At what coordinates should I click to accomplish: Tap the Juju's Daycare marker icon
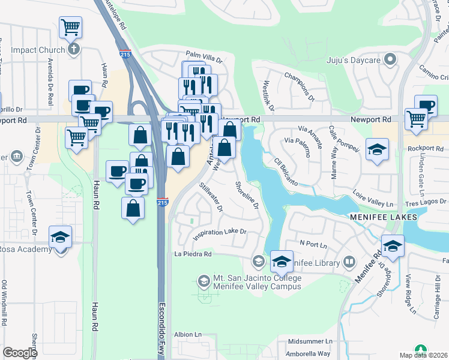[390, 59]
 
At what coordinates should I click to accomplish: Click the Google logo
[20, 353]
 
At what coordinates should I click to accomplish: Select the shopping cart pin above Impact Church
[70, 28]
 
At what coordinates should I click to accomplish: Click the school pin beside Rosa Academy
[60, 238]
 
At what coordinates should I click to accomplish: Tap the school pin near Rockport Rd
[376, 150]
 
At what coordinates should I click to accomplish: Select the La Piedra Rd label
[193, 254]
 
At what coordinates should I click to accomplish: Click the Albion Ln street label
[187, 334]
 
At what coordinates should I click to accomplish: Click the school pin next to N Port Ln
[393, 247]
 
